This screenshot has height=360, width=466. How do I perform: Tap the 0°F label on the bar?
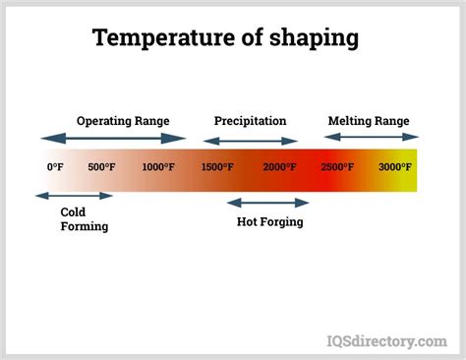click(55, 167)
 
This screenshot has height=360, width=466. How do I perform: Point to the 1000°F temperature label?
click(158, 167)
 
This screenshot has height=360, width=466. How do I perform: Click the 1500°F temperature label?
click(217, 167)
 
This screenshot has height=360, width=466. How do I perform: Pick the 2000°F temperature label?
click(278, 167)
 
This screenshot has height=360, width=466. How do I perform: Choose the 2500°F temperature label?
click(337, 167)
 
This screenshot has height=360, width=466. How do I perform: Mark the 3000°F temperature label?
click(395, 167)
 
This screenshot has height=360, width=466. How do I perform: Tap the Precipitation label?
click(250, 121)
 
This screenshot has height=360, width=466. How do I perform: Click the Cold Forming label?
click(84, 219)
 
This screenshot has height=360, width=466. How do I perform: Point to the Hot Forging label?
click(269, 222)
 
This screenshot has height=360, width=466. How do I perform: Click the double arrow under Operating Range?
click(112, 138)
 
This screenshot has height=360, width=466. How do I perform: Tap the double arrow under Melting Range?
click(373, 138)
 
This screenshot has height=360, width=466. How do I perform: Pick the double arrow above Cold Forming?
click(74, 196)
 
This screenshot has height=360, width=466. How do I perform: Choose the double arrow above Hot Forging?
click(267, 203)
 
